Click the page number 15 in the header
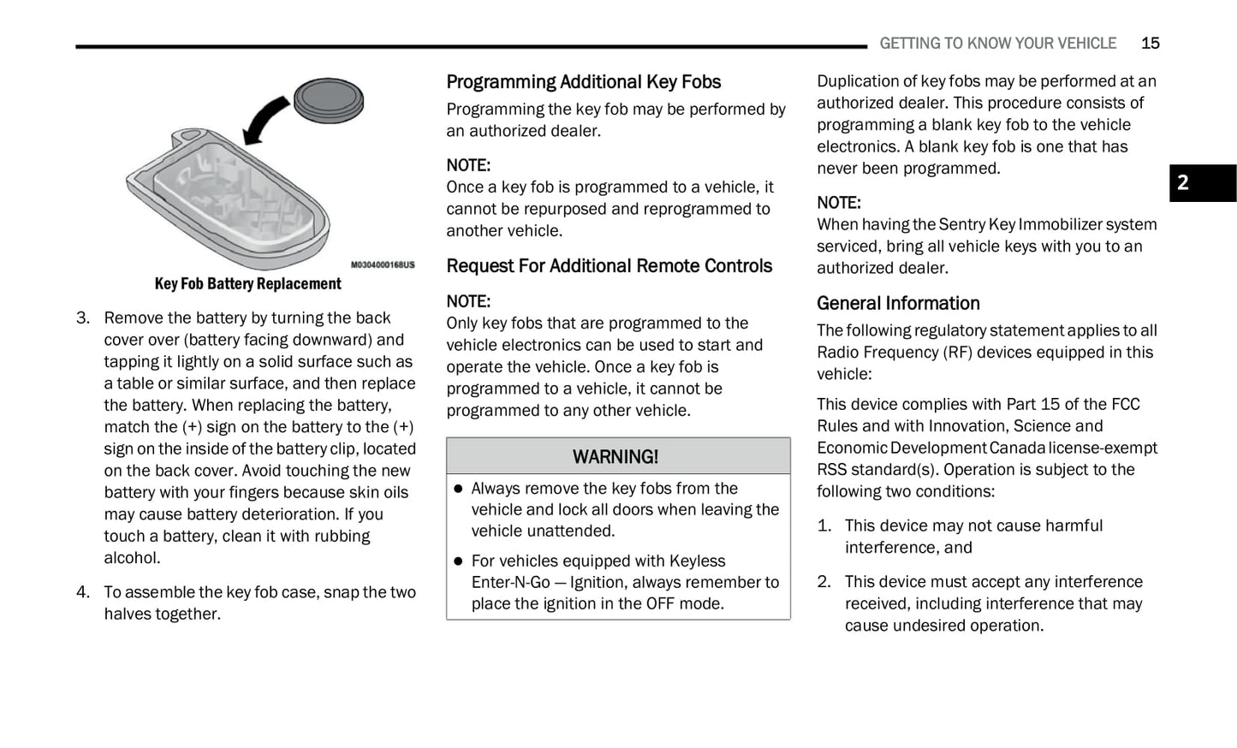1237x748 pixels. tap(1150, 44)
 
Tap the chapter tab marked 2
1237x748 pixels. tap(1202, 183)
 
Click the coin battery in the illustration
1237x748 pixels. tap(329, 100)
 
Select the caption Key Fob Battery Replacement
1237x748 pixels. tap(247, 284)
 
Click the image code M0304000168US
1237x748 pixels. tap(383, 265)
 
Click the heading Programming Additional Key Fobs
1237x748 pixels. tap(583, 82)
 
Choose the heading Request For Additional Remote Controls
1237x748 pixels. tap(609, 266)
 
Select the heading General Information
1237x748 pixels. tap(898, 304)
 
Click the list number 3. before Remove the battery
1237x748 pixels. tap(83, 318)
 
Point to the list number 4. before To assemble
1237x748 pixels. tap(83, 592)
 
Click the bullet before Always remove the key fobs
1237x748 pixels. tap(458, 489)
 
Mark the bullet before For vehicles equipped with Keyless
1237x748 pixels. tap(458, 561)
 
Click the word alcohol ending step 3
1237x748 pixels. tap(132, 558)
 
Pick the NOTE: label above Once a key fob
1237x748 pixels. tap(468, 165)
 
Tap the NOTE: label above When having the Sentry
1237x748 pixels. tap(839, 203)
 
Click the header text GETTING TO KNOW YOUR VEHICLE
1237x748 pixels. tap(997, 44)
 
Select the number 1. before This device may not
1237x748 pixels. tap(824, 526)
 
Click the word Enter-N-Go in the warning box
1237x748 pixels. tap(511, 583)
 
